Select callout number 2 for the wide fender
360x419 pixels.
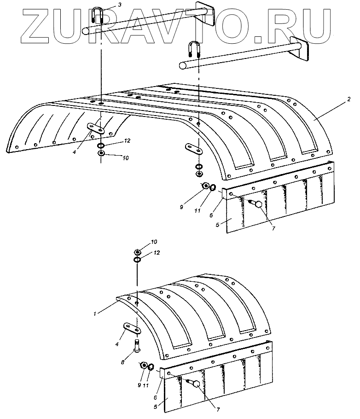[349, 99]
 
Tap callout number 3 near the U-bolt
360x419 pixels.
[120, 5]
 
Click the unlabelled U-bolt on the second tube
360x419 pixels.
[193, 50]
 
